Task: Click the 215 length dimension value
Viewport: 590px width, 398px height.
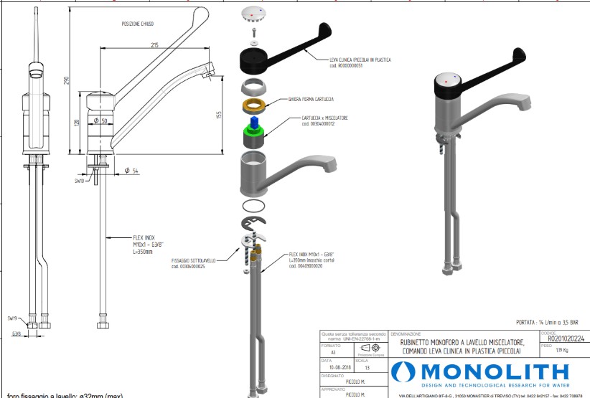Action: pos(154,45)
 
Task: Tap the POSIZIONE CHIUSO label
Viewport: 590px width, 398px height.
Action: pos(138,24)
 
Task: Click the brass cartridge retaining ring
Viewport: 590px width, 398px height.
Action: pos(253,107)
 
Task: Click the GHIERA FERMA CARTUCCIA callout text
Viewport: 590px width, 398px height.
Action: pos(311,98)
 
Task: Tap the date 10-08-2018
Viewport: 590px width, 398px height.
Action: pos(333,367)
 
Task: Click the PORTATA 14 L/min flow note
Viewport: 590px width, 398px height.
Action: pos(543,323)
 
